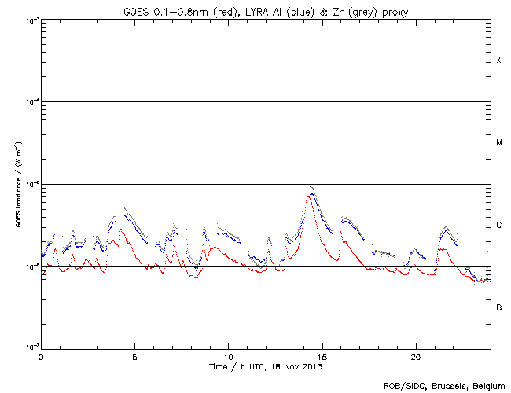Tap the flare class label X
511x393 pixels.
click(498, 61)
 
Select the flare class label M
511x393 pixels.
click(498, 143)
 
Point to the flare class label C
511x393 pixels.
click(498, 226)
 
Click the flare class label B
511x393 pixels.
click(498, 307)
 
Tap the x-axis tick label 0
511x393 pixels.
click(41, 356)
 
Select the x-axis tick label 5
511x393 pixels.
click(134, 356)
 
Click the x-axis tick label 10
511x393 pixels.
click(228, 356)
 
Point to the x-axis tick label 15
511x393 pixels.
click(322, 356)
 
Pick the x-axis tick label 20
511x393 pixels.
click(415, 356)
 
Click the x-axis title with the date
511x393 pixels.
click(266, 366)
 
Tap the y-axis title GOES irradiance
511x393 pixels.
click(17, 185)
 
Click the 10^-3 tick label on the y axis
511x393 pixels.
click(31, 20)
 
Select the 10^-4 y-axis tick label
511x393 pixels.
click(31, 102)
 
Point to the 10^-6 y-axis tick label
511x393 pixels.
click(31, 267)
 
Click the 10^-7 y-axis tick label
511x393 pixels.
click(31, 348)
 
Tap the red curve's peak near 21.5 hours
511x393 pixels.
click(443, 249)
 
